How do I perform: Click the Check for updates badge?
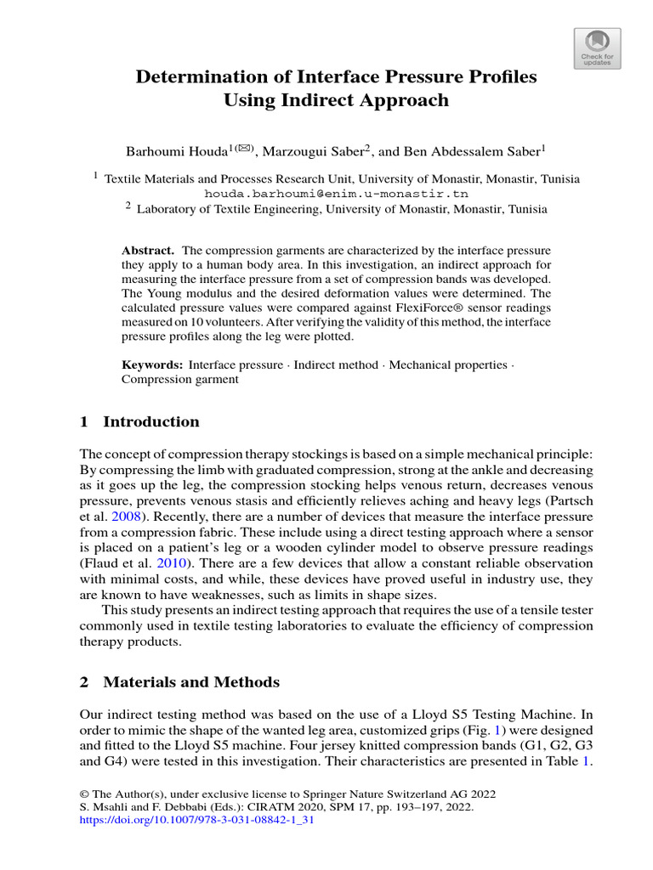coord(596,48)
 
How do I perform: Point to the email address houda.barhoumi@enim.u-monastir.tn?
coord(337,194)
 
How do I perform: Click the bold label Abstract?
coord(148,251)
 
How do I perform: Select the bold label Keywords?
coord(152,364)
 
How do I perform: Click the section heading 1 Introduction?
coord(139,422)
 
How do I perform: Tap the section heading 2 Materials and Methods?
coord(179,682)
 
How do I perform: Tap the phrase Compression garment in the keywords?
coord(179,380)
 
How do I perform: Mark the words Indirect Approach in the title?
coord(336,100)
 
